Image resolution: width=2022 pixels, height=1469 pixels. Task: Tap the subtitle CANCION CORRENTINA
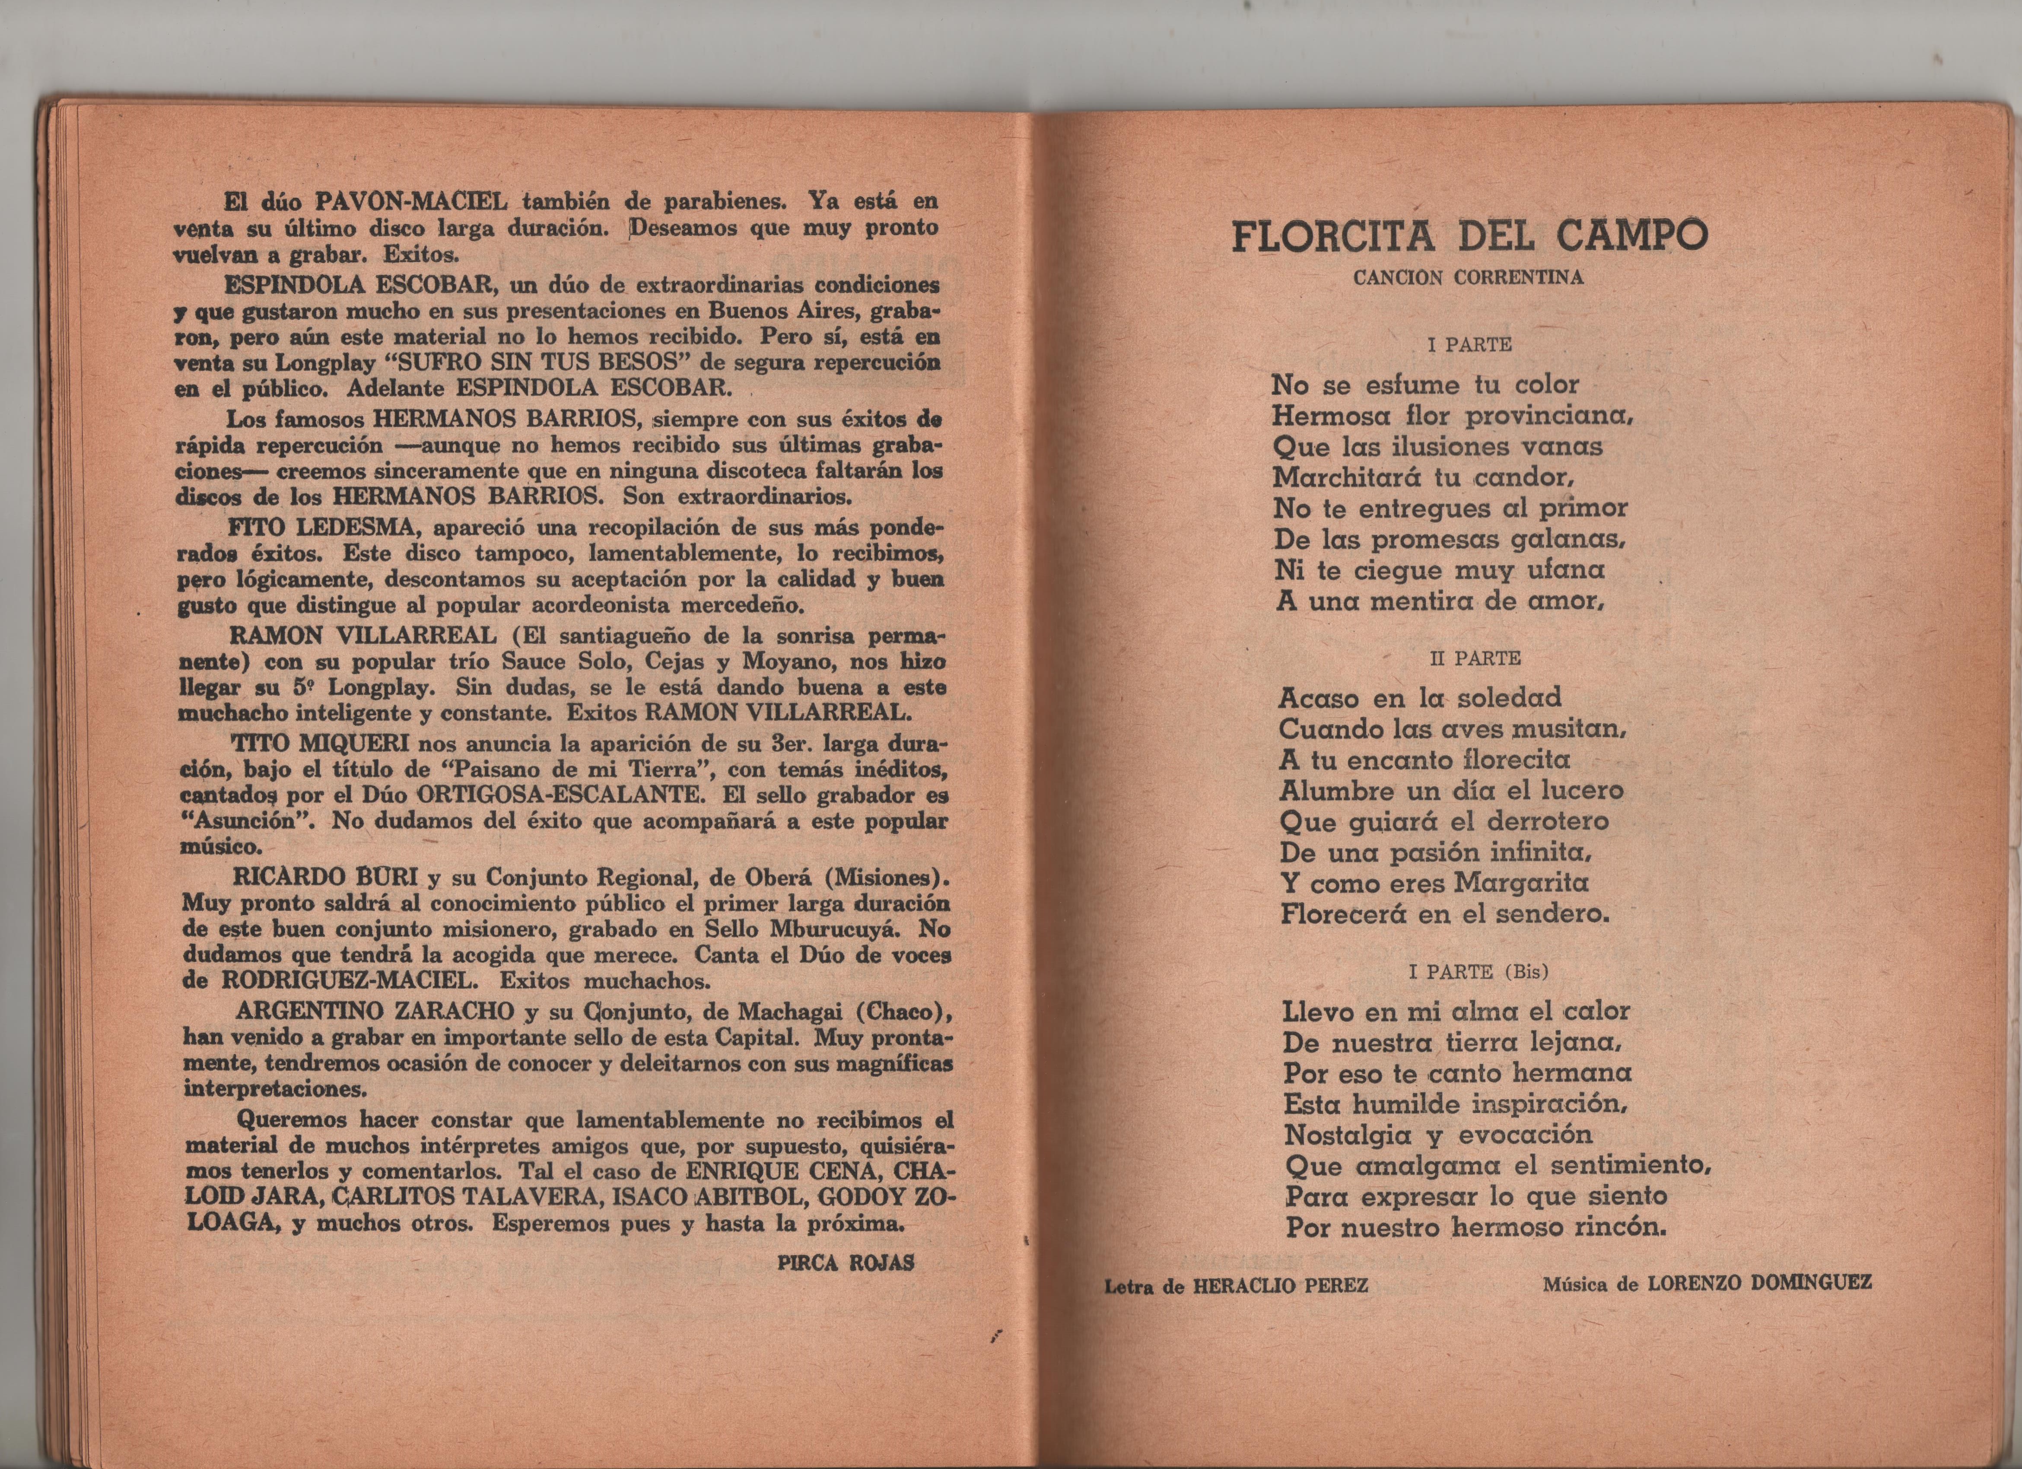point(1469,277)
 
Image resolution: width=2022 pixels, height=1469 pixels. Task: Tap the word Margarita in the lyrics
point(1521,884)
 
